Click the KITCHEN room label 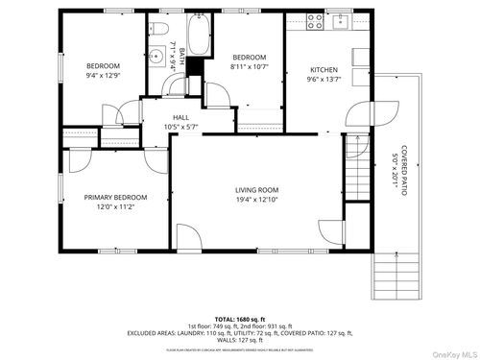tap(324, 69)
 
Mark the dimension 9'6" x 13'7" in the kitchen tap(324, 81)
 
